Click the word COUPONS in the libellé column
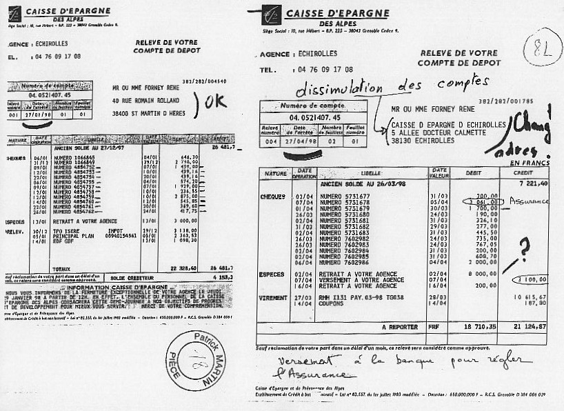(334, 303)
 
